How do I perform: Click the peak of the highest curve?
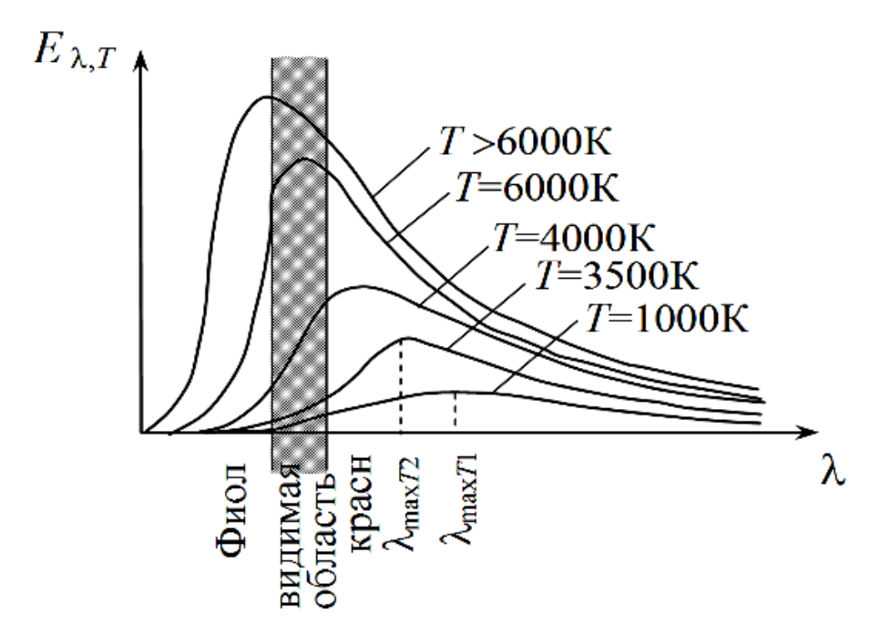[x=267, y=97]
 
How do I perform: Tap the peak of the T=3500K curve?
[x=403, y=338]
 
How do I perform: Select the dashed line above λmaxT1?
[x=455, y=410]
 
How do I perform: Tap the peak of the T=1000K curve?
[x=453, y=391]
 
